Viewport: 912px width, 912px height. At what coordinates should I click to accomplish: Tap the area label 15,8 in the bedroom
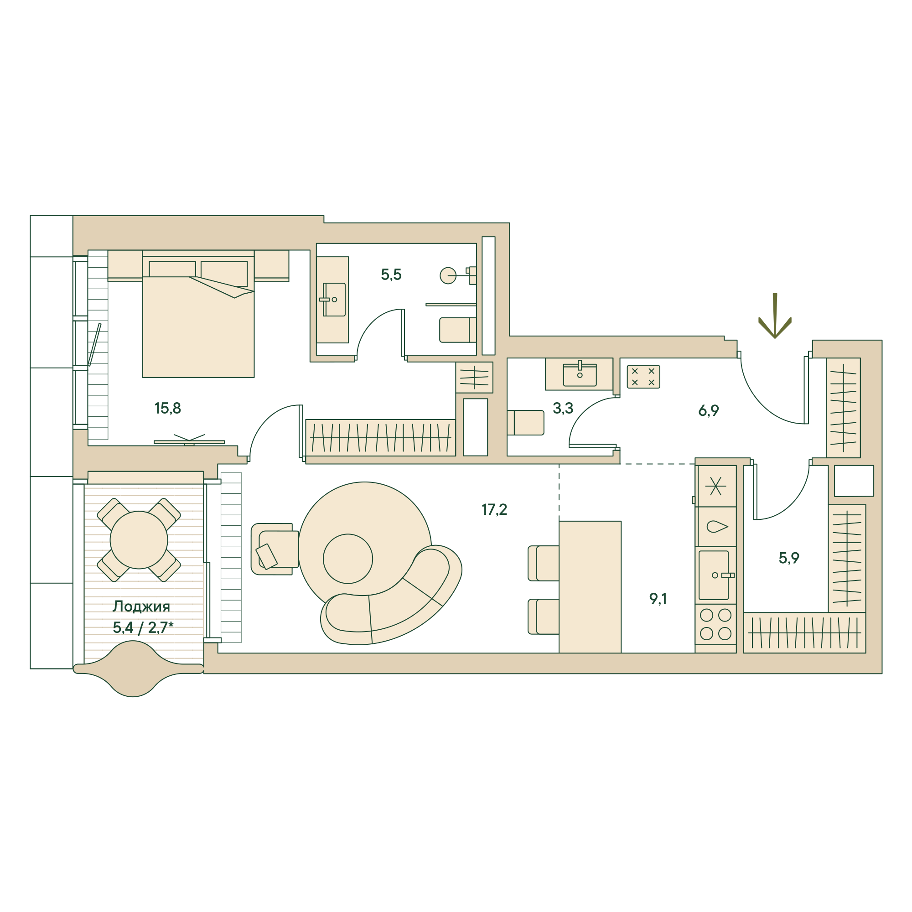[x=167, y=408]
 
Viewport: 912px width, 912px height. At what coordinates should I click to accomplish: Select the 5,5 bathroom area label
[x=391, y=275]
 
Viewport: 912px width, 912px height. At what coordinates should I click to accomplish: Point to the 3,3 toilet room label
[x=563, y=408]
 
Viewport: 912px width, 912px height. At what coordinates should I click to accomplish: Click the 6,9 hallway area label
[x=708, y=411]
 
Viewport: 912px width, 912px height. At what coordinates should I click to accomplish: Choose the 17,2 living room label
[x=494, y=510]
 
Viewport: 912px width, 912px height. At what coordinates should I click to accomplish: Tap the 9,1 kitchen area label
[x=658, y=599]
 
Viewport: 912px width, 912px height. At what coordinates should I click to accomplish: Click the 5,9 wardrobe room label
[x=788, y=558]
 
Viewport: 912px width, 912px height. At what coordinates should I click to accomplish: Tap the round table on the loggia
[x=139, y=540]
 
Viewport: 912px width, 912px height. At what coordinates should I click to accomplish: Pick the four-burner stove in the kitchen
[x=715, y=625]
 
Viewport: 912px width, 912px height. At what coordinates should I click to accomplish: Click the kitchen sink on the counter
[x=715, y=575]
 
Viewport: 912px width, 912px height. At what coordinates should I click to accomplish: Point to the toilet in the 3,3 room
[x=525, y=423]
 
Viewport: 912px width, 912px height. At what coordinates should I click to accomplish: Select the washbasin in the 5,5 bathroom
[x=333, y=300]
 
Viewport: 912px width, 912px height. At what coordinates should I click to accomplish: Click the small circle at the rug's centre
[x=348, y=559]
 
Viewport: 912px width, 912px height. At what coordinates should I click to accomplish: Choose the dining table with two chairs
[x=590, y=587]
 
